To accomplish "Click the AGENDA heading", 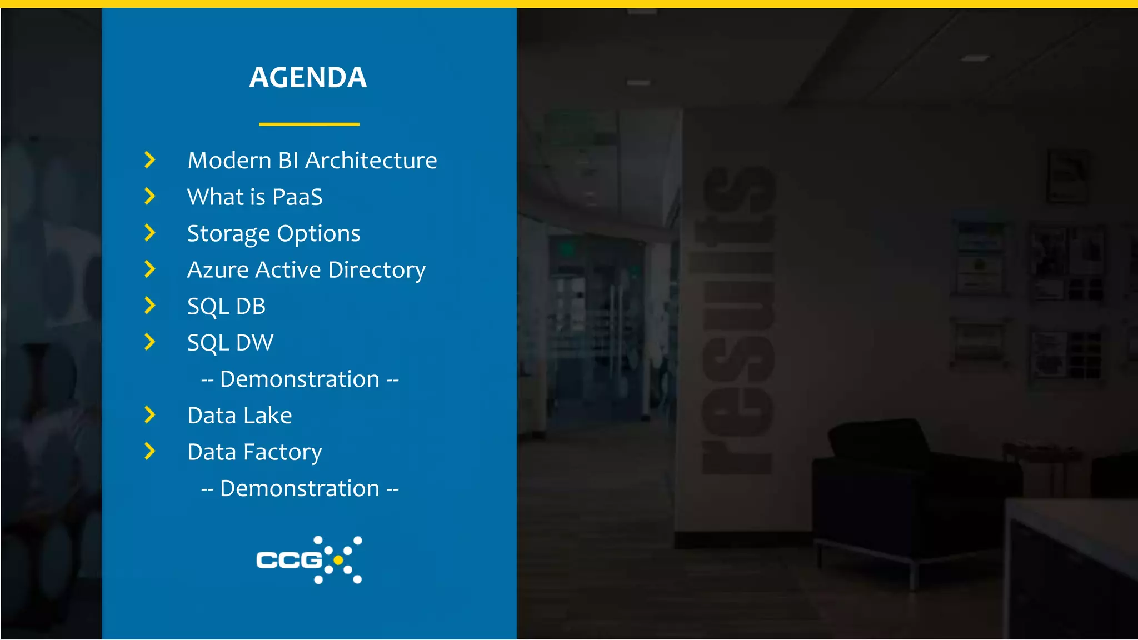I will pos(308,77).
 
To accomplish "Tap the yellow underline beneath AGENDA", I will pos(309,124).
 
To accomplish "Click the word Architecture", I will pos(371,161).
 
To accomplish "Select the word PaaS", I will pos(297,197).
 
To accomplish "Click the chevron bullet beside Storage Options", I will pos(149,233).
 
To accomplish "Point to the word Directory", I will pos(377,271).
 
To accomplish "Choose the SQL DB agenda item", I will pos(226,307).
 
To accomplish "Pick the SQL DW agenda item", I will pos(230,343).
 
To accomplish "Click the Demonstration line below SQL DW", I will pos(300,379).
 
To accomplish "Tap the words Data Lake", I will pos(239,416).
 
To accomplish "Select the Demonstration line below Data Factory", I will pos(300,489).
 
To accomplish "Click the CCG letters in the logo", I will pos(289,560).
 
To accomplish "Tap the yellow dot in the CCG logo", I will pos(338,560).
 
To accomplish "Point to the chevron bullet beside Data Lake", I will pos(149,414).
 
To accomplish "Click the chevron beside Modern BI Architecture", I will pos(149,160).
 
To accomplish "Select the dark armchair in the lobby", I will pos(911,489).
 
